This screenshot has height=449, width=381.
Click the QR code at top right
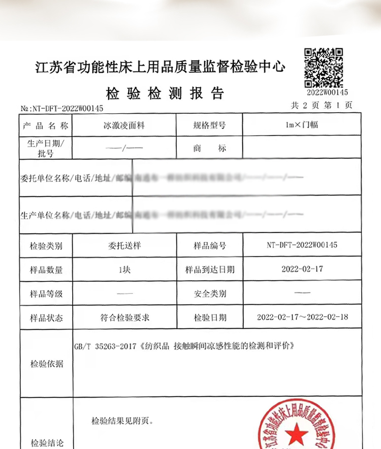click(324, 67)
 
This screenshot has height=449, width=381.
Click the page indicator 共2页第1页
click(321, 106)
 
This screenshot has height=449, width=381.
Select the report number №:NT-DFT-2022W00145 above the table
click(62, 109)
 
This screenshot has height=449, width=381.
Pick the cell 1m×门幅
click(302, 125)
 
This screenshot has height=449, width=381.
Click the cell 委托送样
click(123, 246)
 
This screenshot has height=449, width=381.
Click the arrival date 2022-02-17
click(302, 269)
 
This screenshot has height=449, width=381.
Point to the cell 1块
click(123, 270)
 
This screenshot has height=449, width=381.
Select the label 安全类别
click(209, 294)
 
